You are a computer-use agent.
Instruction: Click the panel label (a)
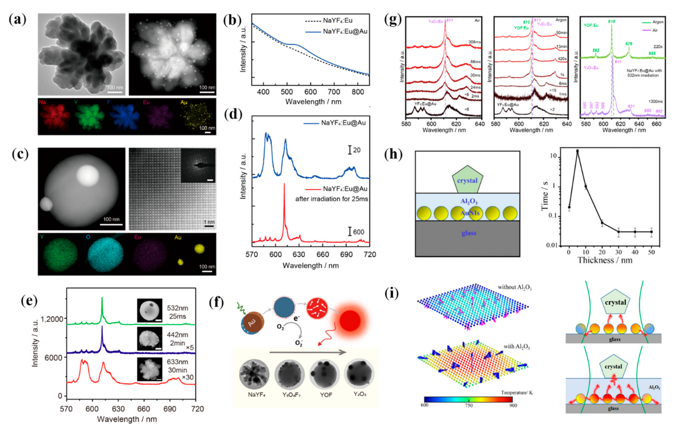coord(18,20)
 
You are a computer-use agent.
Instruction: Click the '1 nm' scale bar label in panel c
coord(209,222)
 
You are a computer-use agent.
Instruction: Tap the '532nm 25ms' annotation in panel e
coord(177,312)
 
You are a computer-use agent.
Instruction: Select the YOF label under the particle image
coord(326,395)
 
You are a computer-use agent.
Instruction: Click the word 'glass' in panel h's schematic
coord(468,233)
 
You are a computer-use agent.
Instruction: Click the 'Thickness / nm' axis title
coord(605,260)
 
